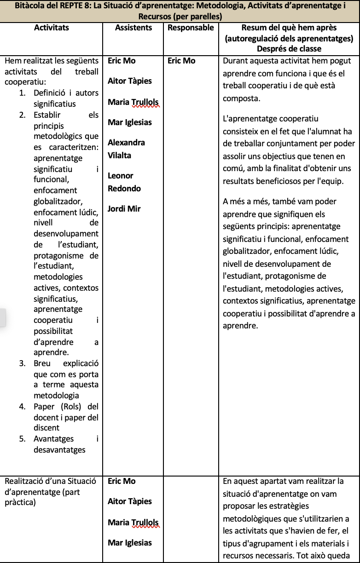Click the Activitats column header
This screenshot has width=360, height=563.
click(52, 28)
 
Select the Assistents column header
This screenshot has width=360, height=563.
click(133, 28)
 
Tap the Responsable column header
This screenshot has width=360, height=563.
click(191, 28)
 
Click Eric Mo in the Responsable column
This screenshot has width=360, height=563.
click(181, 61)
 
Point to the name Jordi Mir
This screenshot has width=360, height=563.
click(124, 209)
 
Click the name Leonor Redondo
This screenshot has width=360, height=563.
click(124, 182)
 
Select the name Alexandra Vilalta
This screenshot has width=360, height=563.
click(126, 149)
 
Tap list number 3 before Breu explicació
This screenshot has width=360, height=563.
click(22, 363)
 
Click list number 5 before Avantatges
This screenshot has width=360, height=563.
click(22, 439)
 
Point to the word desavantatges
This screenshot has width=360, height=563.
click(59, 450)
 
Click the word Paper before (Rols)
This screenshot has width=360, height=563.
click(44, 407)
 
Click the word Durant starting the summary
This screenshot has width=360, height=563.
click(235, 61)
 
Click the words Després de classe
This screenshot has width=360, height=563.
click(289, 48)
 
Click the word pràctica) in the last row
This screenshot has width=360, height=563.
click(19, 502)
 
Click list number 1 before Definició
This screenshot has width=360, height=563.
click(22, 93)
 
